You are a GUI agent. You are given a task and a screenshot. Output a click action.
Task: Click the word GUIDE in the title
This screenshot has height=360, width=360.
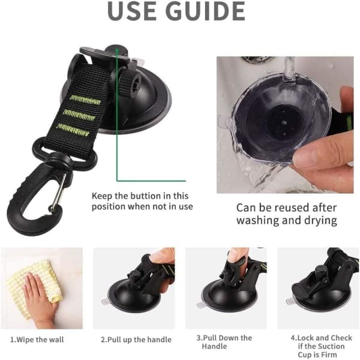pyautogui.click(x=205, y=11)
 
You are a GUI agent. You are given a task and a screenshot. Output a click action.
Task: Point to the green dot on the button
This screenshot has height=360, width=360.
pyautogui.click(x=117, y=49)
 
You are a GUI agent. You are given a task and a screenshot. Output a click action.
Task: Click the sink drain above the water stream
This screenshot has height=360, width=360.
pyautogui.click(x=257, y=59)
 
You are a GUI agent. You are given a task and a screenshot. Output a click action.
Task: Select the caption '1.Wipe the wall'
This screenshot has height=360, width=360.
pyautogui.click(x=37, y=340)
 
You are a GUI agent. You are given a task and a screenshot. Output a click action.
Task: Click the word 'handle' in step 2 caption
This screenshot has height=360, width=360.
pyautogui.click(x=159, y=340)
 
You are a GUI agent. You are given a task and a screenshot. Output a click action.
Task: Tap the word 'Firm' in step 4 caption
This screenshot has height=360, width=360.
pyautogui.click(x=329, y=355)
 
